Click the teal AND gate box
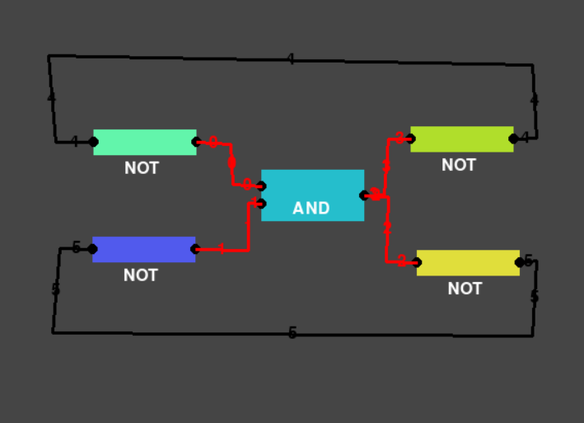click(x=312, y=195)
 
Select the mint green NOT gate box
click(x=144, y=142)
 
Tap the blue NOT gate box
click(x=143, y=249)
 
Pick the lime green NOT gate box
click(x=461, y=139)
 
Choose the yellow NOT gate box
click(x=468, y=262)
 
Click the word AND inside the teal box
click(x=311, y=209)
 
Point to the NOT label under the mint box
click(x=142, y=168)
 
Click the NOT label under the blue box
click(x=141, y=275)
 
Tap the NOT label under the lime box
click(x=459, y=165)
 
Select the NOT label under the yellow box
click(x=465, y=289)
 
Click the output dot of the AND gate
click(x=364, y=195)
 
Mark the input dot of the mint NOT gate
click(x=93, y=142)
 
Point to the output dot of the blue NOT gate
click(x=195, y=249)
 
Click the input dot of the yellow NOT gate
click(x=417, y=262)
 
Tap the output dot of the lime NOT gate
click(x=513, y=139)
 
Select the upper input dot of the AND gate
click(x=261, y=186)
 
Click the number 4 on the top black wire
click(x=291, y=59)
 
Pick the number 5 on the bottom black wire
click(x=292, y=333)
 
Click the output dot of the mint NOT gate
click(x=196, y=142)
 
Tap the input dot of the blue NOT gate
click(x=92, y=249)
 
